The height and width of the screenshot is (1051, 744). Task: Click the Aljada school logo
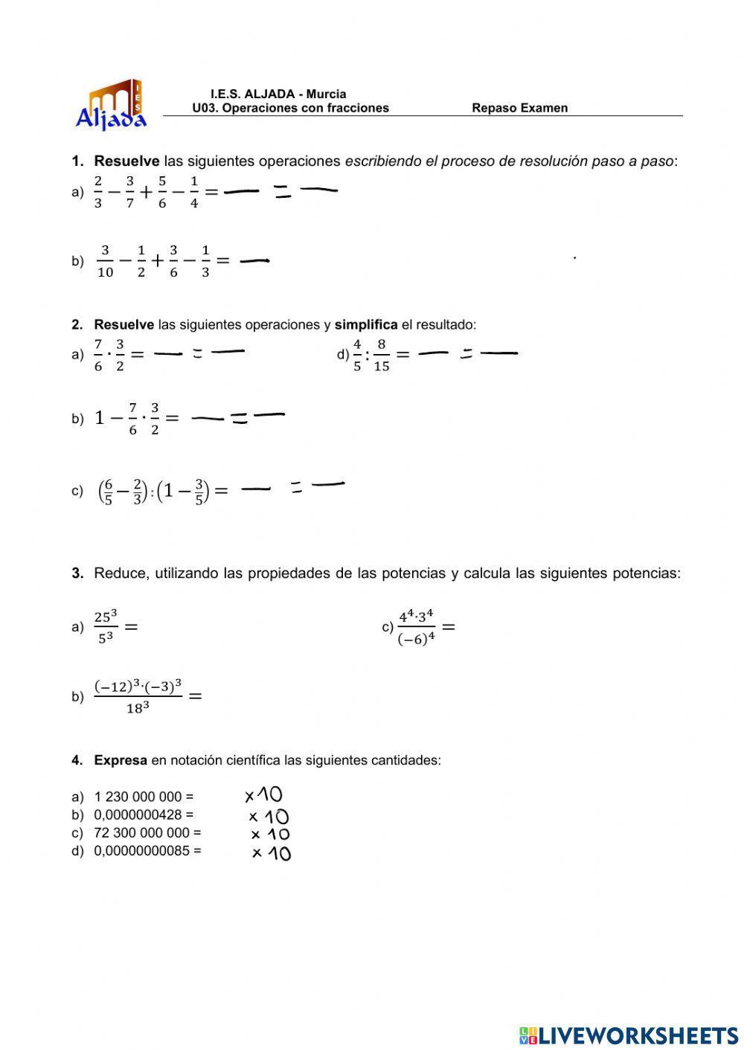tap(112, 105)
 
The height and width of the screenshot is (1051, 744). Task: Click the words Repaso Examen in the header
tap(519, 108)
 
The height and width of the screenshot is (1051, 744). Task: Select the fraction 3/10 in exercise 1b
tap(105, 261)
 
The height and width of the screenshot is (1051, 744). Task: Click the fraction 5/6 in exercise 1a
tap(162, 192)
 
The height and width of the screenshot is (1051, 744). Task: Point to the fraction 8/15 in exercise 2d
tap(381, 355)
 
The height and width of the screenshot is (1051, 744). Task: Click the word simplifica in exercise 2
tap(366, 324)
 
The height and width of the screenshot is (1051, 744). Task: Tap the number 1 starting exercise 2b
tap(99, 418)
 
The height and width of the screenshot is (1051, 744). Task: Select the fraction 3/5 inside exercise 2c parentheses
tap(199, 492)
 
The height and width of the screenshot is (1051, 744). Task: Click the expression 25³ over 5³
tap(106, 627)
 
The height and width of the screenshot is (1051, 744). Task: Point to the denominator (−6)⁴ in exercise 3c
tap(416, 639)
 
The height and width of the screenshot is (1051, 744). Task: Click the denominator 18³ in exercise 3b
tap(138, 709)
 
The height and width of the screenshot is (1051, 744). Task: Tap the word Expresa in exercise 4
tap(121, 760)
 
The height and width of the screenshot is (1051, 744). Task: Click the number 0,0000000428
tap(138, 814)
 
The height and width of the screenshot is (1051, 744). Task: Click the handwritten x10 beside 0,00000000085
tap(271, 853)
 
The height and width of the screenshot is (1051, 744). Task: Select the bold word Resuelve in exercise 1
tap(126, 161)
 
